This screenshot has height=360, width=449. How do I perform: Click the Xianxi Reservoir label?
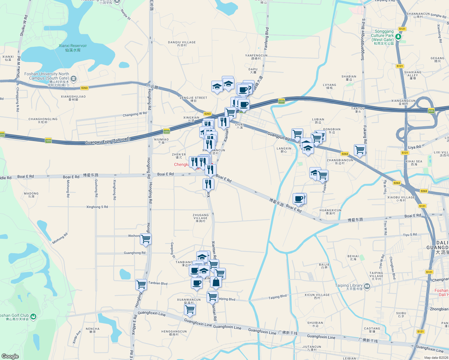73,48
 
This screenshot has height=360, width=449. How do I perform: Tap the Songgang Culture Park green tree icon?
398,37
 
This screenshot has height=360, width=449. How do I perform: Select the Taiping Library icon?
367,286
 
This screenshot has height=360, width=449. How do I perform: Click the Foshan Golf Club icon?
33,316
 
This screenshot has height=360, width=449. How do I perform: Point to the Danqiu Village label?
182,44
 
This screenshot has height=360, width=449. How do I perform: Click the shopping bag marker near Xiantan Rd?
216,282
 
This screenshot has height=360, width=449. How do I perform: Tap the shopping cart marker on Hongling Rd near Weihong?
146,239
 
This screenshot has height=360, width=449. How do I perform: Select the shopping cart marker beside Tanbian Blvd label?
141,284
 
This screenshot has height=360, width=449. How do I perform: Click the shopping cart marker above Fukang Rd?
360,149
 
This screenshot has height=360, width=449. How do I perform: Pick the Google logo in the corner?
10,356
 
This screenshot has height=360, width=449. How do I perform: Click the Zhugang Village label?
200,218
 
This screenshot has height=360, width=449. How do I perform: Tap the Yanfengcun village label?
256,57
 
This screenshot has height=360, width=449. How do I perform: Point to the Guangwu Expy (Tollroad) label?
107,140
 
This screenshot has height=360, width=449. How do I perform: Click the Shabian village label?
349,78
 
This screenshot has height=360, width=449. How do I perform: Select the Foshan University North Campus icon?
74,79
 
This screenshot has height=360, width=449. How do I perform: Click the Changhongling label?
43,120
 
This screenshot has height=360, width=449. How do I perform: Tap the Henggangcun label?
174,333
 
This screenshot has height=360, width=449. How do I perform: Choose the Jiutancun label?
312,348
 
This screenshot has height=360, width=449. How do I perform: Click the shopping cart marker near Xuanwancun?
190,309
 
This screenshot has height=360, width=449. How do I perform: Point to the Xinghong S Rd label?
97,207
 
